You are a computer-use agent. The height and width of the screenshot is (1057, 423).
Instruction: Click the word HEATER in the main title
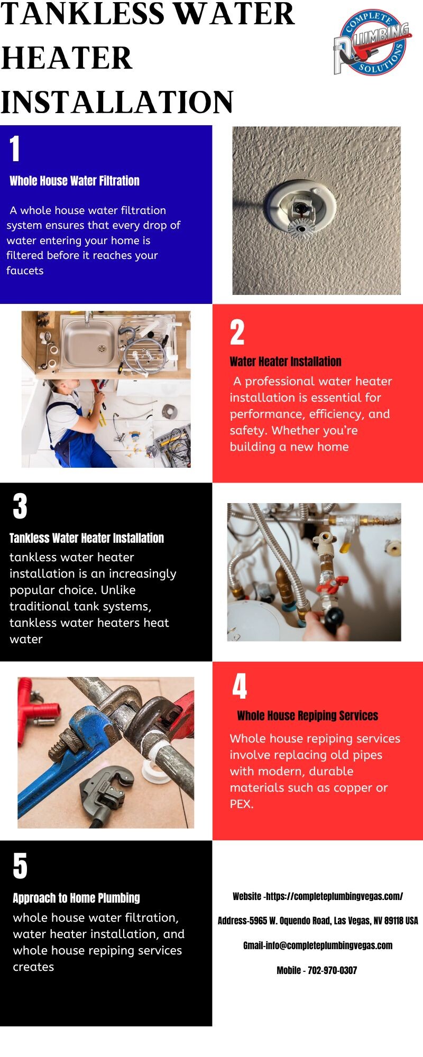coord(67,58)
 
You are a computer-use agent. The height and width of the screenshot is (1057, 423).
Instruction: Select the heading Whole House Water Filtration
coord(75,181)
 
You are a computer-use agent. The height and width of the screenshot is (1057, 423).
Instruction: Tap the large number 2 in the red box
coord(237,332)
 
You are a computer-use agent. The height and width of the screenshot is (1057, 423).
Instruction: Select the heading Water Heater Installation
coord(286,361)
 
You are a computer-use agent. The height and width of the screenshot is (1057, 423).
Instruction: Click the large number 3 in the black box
coord(20,506)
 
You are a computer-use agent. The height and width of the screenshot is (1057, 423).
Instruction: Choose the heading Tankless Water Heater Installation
coord(87,538)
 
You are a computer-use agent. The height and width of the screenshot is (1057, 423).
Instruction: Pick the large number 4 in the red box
coord(240,686)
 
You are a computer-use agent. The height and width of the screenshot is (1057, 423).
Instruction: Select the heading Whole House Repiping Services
coord(308,716)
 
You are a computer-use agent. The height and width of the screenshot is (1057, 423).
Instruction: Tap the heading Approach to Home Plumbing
coord(76,898)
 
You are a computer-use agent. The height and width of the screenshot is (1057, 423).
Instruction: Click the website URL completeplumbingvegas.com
coord(334,896)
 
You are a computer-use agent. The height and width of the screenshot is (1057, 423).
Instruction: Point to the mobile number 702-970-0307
coord(332,970)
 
